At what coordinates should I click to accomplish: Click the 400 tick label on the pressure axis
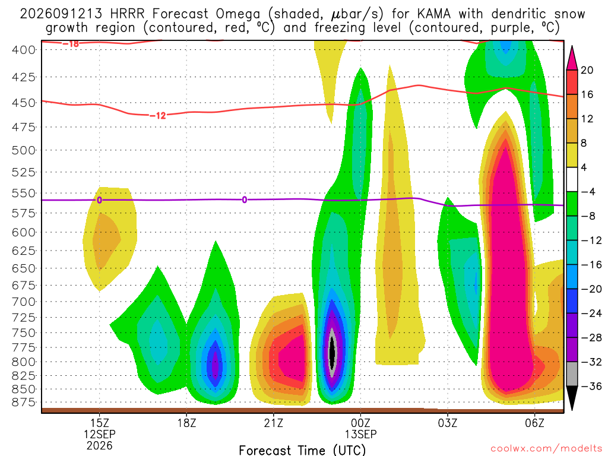pos(23,50)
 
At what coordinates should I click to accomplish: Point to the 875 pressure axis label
pos(23,402)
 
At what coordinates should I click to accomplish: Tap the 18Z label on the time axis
pos(186,423)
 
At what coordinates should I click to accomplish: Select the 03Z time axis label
pos(448,423)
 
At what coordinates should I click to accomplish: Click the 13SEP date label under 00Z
pos(360,434)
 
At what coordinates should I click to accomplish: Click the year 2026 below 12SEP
pos(100,445)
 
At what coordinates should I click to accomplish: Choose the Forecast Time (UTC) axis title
pos(302,450)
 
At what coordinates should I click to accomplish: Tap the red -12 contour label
pos(158,116)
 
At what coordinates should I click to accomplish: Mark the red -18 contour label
pos(71,44)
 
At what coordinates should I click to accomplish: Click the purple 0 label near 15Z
pos(99,200)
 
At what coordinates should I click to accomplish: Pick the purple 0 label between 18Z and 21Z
pos(244,199)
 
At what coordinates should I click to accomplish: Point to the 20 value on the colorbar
pos(587,70)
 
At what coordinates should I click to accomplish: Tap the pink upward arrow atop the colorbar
pos(572,58)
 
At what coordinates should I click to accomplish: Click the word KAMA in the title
pos(434,14)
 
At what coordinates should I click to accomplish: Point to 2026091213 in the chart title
pos(61,14)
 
